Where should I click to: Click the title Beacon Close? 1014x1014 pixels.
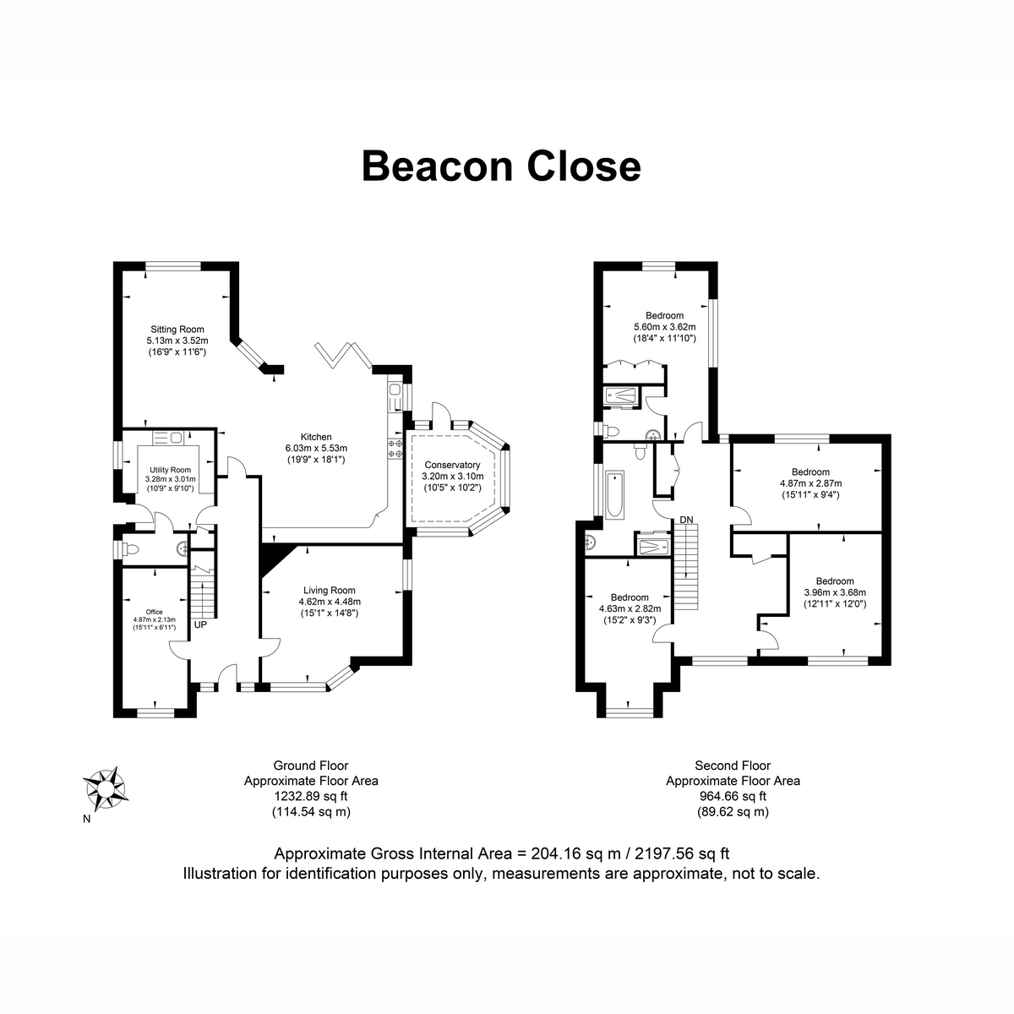(501, 166)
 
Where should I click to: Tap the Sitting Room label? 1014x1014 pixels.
(177, 330)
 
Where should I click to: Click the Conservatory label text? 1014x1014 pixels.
(452, 465)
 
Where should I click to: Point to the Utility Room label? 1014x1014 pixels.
(171, 470)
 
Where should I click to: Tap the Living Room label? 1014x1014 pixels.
(330, 591)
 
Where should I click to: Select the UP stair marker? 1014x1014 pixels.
(200, 625)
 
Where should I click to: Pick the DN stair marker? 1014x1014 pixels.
(686, 519)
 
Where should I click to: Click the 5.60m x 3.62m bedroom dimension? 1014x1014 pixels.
(664, 327)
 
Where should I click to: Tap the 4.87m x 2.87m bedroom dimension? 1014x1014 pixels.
(810, 483)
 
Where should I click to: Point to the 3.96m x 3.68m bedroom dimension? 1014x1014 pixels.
(835, 592)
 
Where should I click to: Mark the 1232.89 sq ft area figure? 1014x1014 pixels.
(310, 796)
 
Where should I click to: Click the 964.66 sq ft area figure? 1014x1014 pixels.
(733, 796)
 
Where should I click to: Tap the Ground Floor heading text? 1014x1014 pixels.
(310, 766)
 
